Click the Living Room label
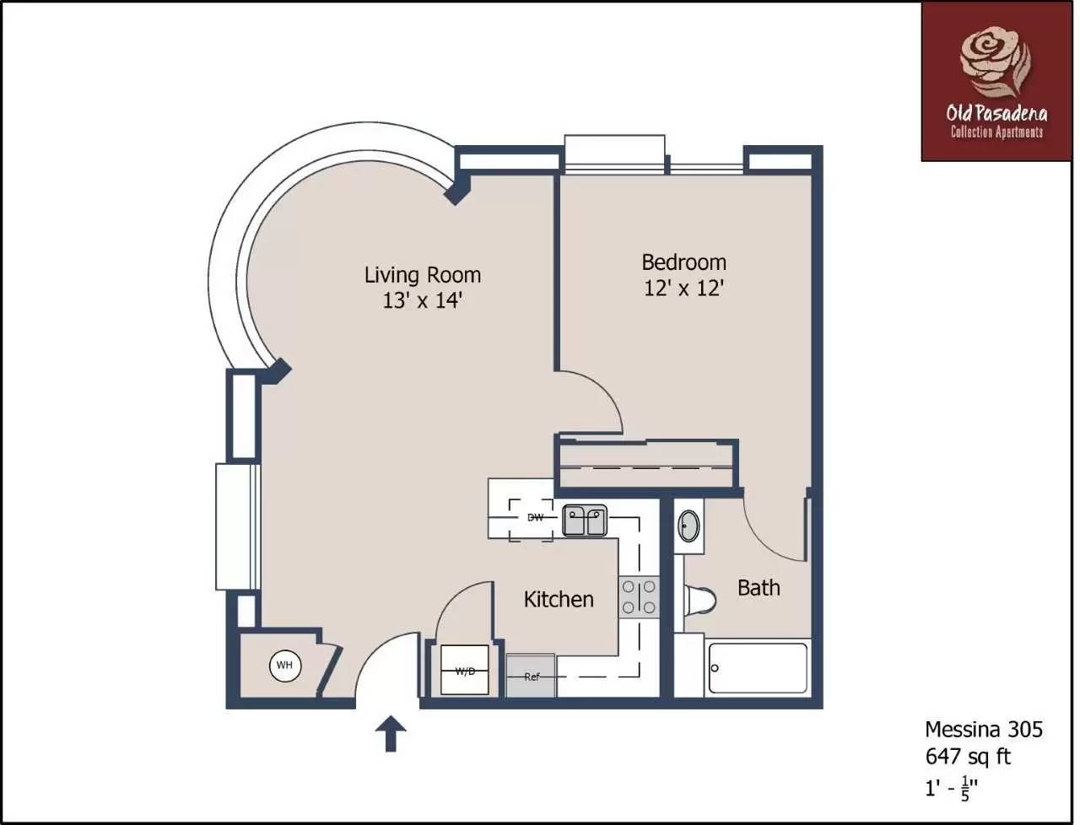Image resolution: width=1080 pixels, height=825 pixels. pyautogui.click(x=423, y=276)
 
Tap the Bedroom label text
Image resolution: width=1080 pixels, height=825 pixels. pyautogui.click(x=684, y=262)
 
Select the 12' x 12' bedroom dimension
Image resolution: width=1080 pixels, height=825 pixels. pyautogui.click(x=684, y=288)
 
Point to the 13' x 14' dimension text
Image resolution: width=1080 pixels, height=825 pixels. pyautogui.click(x=423, y=300)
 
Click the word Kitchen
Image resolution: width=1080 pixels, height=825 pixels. pyautogui.click(x=559, y=599)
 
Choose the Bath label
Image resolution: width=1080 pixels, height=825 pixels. pyautogui.click(x=759, y=588)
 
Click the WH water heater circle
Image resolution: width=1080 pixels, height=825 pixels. pyautogui.click(x=285, y=666)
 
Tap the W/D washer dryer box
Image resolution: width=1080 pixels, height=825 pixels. pyautogui.click(x=464, y=670)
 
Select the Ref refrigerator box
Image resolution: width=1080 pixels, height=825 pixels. pyautogui.click(x=531, y=676)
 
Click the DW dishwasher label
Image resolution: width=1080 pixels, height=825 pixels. pyautogui.click(x=535, y=518)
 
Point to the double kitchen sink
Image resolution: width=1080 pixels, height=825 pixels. pyautogui.click(x=585, y=520)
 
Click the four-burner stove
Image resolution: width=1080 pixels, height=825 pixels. pyautogui.click(x=639, y=597)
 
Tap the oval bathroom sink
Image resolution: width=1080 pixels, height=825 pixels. pyautogui.click(x=688, y=526)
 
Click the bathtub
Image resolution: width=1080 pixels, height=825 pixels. pyautogui.click(x=758, y=668)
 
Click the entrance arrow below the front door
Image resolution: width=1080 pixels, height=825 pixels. pyautogui.click(x=391, y=734)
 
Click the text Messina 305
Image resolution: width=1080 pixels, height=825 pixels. pyautogui.click(x=984, y=730)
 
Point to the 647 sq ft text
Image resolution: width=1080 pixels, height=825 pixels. pyautogui.click(x=968, y=757)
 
